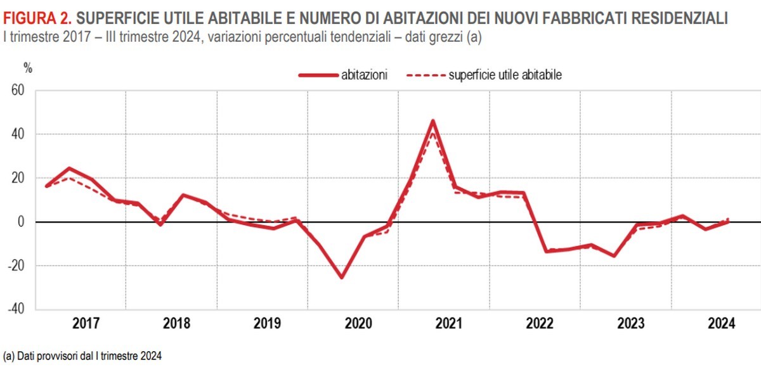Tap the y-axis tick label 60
[17, 91]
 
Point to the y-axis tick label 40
[17, 134]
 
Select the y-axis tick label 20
[17, 178]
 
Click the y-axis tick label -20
[15, 266]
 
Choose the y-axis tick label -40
[15, 309]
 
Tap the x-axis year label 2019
[267, 323]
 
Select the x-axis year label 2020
[358, 323]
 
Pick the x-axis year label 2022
[539, 323]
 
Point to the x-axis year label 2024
[721, 323]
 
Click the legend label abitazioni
[364, 75]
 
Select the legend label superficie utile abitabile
[505, 75]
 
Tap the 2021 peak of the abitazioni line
[433, 120]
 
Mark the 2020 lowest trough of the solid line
[342, 278]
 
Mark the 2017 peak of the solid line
[69, 168]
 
